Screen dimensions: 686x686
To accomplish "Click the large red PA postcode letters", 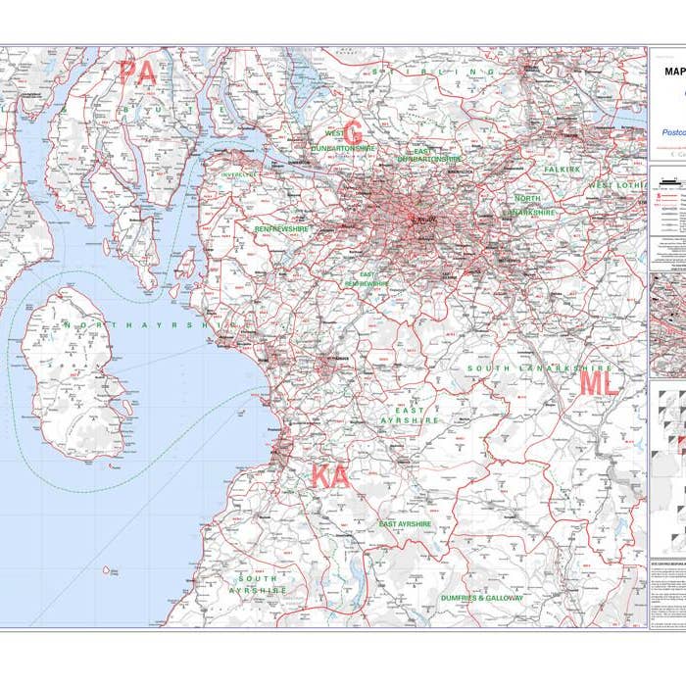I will click(138, 73).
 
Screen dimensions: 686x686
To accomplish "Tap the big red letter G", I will click(353, 132).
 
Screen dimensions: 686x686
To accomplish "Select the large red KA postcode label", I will click(330, 477).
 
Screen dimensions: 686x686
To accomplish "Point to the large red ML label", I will click(599, 383).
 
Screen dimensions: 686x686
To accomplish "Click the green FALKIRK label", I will click(563, 170).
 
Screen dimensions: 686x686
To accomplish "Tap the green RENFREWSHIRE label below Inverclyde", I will click(281, 228).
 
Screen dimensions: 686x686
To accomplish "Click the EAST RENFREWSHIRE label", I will click(367, 279).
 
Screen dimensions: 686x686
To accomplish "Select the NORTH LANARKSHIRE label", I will click(530, 205).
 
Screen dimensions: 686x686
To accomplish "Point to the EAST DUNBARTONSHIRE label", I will click(429, 154).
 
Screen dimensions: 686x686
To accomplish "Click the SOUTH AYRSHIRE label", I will click(258, 585).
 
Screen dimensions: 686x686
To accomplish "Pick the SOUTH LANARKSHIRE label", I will click(525, 368).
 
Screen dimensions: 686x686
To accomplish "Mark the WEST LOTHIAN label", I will click(615, 185).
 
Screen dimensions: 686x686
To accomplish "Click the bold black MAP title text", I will click(675, 71).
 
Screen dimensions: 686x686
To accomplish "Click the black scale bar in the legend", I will click(670, 179).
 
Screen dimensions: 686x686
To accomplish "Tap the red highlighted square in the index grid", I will click(681, 444).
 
